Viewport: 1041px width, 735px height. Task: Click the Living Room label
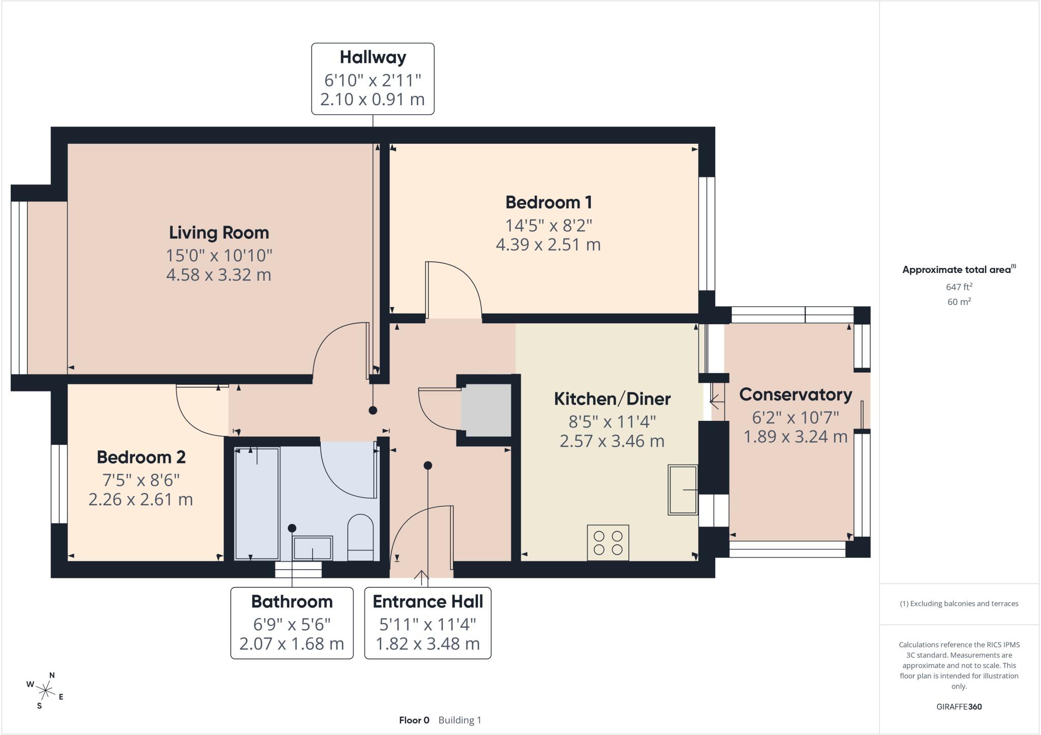coord(219,233)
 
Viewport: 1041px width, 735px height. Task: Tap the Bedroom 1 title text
coord(548,202)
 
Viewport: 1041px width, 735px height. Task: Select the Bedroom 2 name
coord(141,457)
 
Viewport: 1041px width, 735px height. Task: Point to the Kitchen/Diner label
coord(612,399)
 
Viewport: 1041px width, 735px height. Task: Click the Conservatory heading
coord(795,394)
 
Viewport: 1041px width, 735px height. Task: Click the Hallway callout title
coord(373,57)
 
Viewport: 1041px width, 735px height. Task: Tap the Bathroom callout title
coord(292,602)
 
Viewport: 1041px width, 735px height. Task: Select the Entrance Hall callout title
coord(427,602)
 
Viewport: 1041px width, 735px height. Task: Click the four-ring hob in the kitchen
coord(608,543)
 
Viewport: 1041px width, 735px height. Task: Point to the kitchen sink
coord(683,490)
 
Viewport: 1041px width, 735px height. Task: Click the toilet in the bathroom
coord(360,538)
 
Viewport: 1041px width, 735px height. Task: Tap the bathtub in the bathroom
coord(257,504)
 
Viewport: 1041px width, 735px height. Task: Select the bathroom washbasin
coord(313,548)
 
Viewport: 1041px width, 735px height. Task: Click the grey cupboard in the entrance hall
coord(486,410)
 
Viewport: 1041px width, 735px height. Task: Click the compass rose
coord(46,690)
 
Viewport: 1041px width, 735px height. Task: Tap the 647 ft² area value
coord(959,287)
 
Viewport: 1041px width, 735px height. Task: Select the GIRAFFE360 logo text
coord(959,707)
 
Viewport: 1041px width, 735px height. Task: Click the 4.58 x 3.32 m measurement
coord(219,275)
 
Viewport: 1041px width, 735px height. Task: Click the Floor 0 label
coord(414,720)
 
